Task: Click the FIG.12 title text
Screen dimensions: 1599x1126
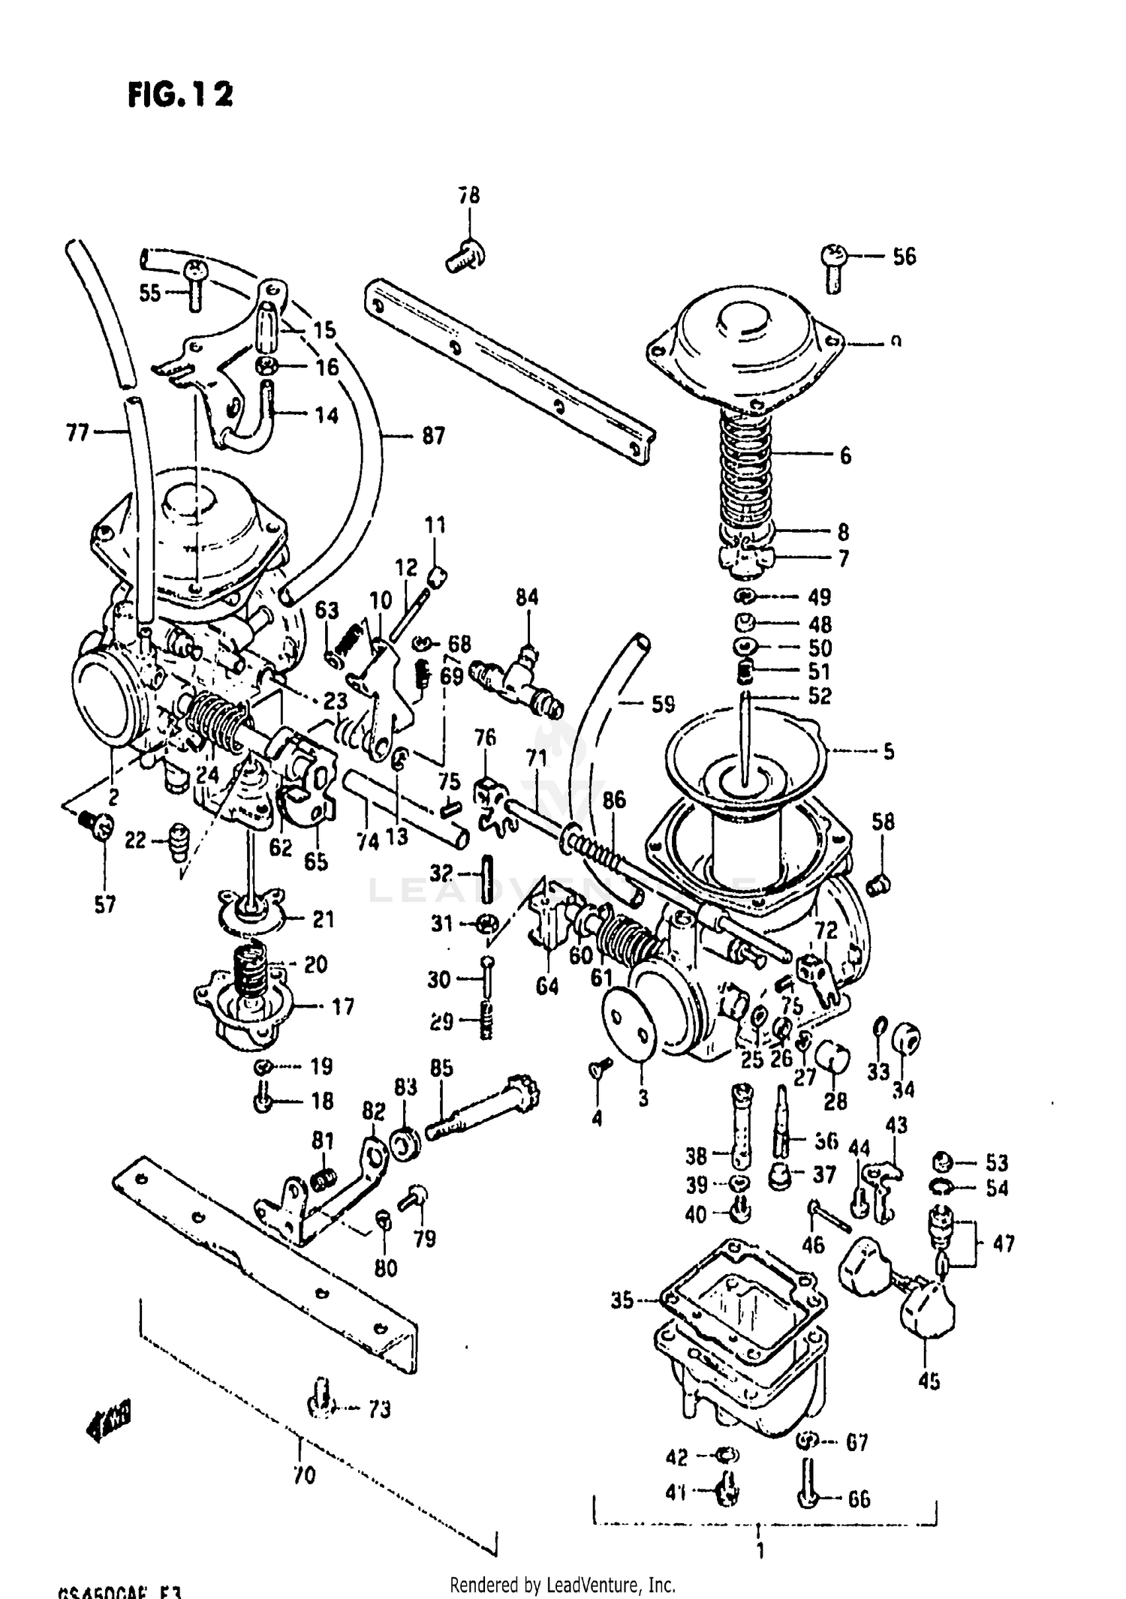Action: (x=180, y=95)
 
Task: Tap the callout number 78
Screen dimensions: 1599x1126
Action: (x=469, y=196)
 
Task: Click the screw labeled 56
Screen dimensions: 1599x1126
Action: (x=834, y=267)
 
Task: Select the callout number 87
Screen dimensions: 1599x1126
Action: (x=433, y=435)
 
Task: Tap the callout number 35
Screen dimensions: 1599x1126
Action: (x=622, y=1300)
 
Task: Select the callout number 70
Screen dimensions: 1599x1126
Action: (x=304, y=1476)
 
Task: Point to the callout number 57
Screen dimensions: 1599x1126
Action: (x=105, y=905)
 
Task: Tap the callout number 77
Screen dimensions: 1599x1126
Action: (x=78, y=432)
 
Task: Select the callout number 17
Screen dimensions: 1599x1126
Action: (x=342, y=1006)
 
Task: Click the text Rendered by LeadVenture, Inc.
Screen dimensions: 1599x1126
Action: (x=562, y=1585)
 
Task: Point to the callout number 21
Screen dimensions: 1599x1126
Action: (x=323, y=919)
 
